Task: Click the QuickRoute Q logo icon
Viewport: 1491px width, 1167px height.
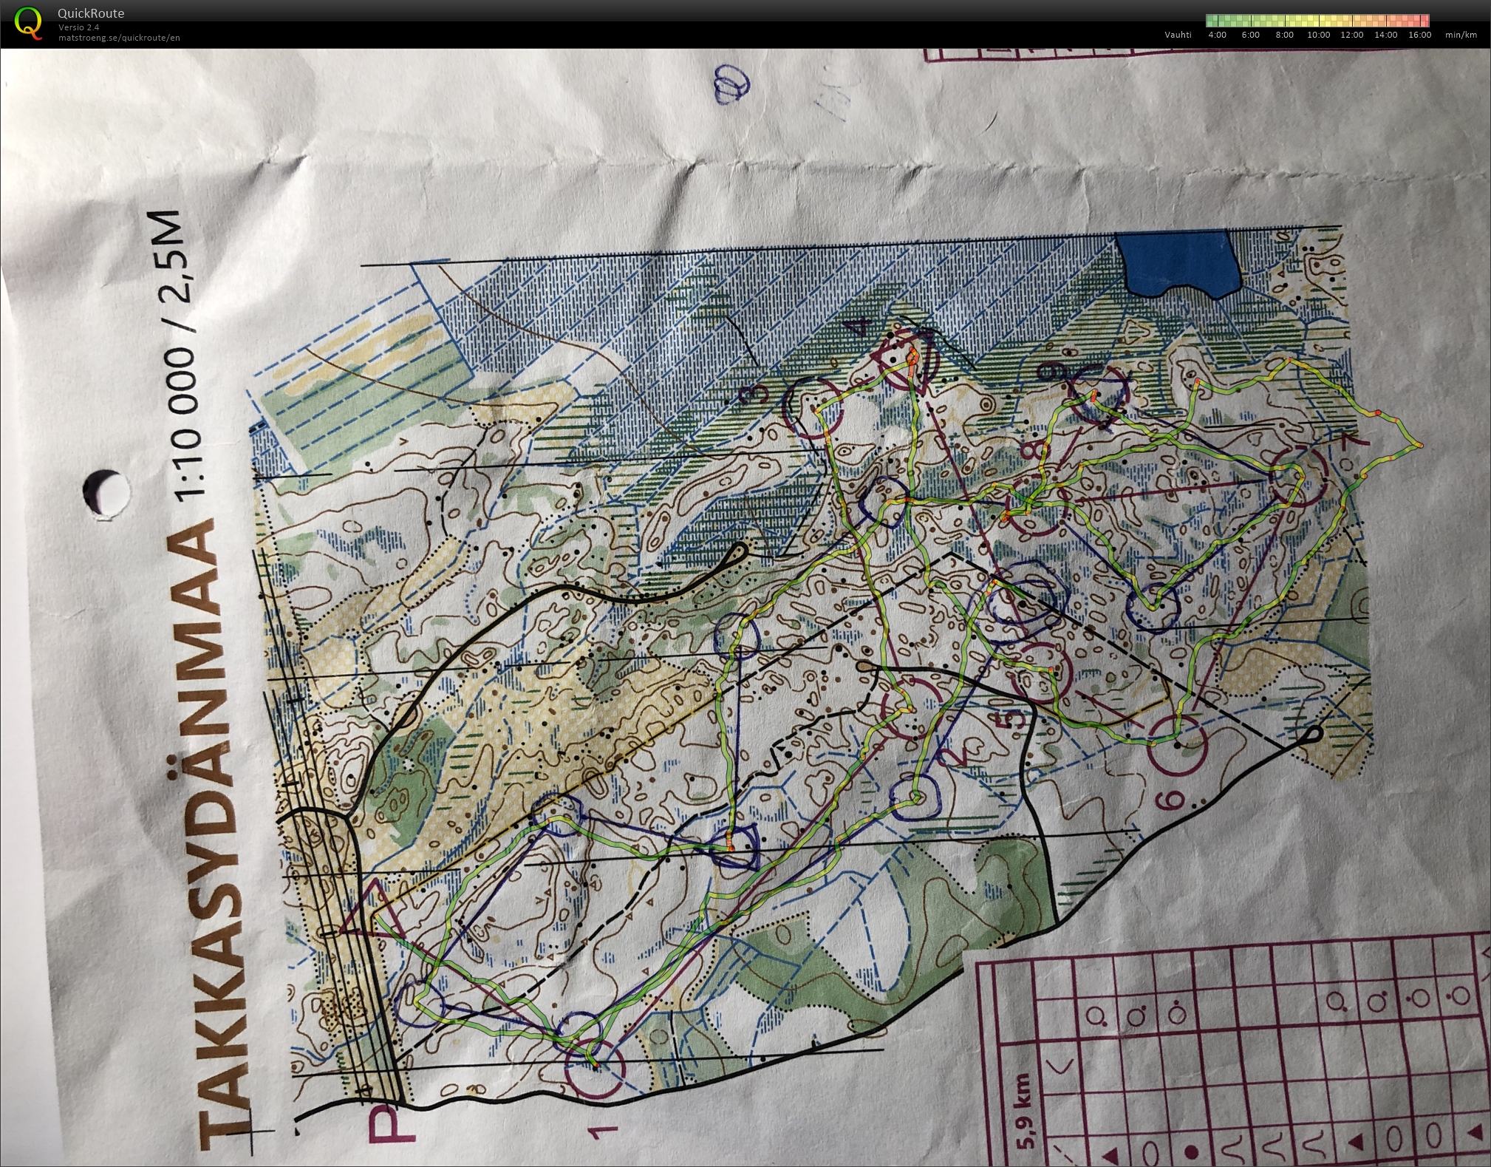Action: click(28, 22)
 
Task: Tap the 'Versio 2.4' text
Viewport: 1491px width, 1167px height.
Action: click(79, 27)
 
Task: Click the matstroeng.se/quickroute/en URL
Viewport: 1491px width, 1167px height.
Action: click(119, 38)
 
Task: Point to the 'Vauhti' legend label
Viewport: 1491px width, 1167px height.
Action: click(1178, 35)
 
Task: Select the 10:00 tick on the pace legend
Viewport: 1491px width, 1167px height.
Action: click(1318, 35)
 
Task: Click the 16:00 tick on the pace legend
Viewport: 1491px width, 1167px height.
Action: click(1419, 35)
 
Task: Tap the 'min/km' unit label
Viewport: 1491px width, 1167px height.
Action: click(1461, 35)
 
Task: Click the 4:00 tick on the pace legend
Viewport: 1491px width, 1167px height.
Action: click(1217, 35)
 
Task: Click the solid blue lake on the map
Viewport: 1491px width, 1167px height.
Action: click(1175, 262)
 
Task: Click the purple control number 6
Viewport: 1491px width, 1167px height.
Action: click(1174, 799)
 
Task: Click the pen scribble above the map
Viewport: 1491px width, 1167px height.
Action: click(731, 85)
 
